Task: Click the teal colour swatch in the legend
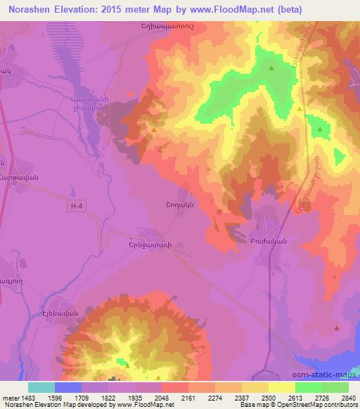pyautogui.click(x=41, y=387)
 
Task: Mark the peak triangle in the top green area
pyautogui.click(x=272, y=68)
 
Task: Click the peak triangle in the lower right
pyautogui.click(x=336, y=327)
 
